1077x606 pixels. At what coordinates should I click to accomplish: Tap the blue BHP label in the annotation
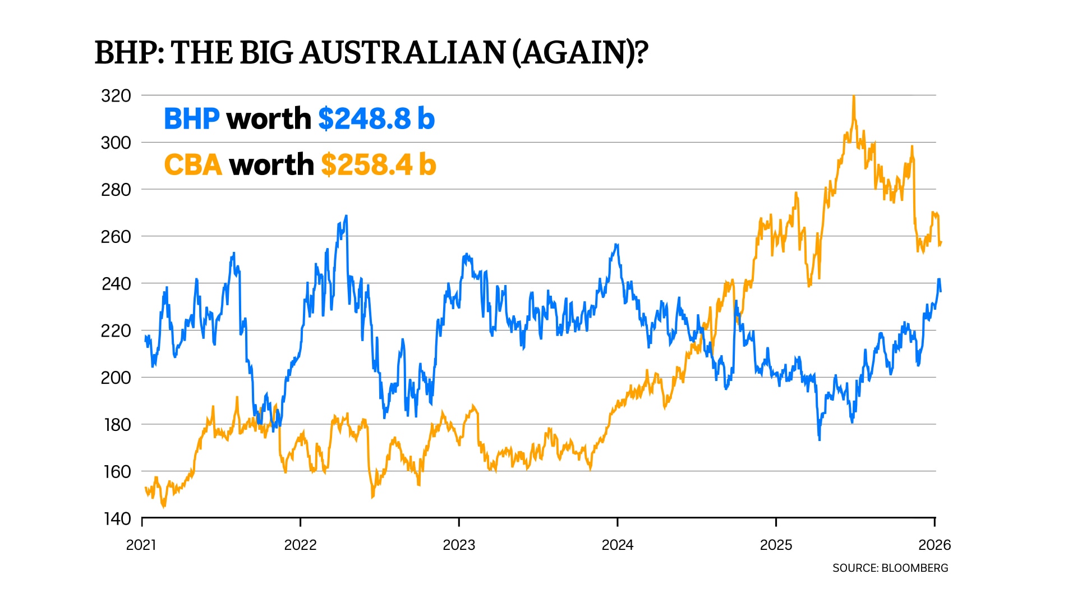(191, 119)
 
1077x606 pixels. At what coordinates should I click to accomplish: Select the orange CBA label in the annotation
(192, 165)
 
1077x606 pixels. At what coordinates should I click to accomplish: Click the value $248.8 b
(376, 119)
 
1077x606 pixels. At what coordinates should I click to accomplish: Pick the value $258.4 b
(379, 165)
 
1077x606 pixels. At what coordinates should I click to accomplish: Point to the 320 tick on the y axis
(116, 96)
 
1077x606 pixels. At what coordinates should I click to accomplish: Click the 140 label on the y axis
(117, 519)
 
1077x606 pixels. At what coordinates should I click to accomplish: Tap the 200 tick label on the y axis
(116, 378)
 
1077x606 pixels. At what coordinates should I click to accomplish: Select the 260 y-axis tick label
(116, 237)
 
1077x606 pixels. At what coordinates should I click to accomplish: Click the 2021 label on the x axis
(141, 545)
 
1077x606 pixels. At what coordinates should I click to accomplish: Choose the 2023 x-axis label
(459, 545)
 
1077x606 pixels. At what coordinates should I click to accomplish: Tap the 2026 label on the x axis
(935, 545)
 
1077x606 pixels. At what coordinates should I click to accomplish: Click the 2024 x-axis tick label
(617, 545)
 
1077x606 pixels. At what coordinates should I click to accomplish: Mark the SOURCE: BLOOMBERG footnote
(890, 568)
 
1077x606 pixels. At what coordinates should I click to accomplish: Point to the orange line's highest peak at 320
(853, 97)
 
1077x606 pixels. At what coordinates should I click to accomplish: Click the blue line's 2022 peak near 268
(346, 216)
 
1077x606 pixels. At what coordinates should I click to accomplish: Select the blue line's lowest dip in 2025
(820, 439)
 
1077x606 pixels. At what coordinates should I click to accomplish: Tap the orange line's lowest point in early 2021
(164, 506)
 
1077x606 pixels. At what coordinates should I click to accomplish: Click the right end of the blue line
(941, 291)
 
